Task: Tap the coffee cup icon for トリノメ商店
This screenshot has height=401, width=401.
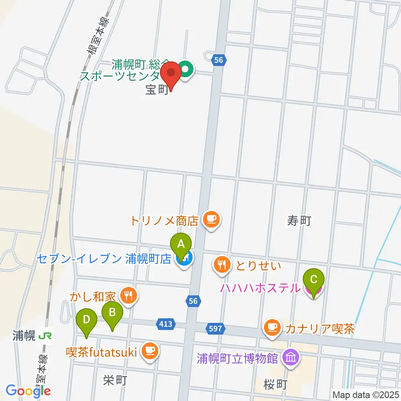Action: click(211, 219)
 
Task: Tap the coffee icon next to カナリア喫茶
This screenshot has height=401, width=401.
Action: click(272, 327)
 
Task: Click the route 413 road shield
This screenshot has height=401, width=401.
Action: click(164, 324)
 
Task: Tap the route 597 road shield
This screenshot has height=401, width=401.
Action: click(215, 328)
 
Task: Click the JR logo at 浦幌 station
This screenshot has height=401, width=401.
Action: click(43, 335)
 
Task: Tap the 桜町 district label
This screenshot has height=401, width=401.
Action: click(276, 384)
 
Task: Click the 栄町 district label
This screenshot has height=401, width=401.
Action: click(114, 380)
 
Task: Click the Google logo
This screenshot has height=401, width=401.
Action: click(28, 390)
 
